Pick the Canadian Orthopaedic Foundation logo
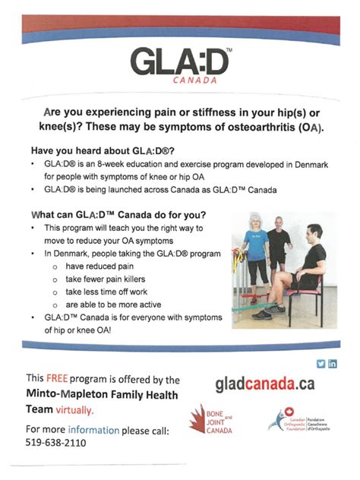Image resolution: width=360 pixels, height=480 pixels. click(302, 420)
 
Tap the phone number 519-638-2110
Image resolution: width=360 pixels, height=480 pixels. click(55, 442)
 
